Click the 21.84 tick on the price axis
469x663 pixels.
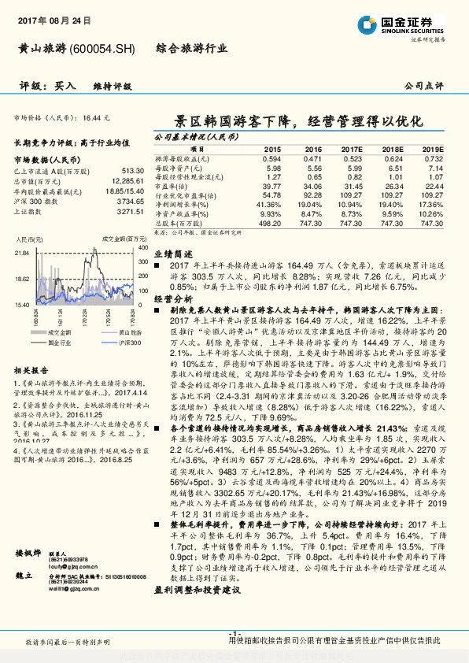(x=22, y=253)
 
